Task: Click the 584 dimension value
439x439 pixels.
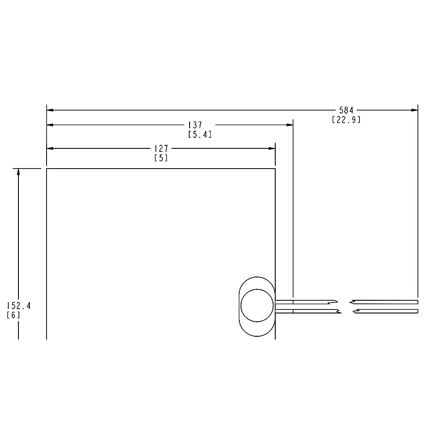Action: (346, 110)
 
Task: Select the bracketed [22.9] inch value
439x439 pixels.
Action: (346, 120)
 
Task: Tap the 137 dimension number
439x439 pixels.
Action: (195, 125)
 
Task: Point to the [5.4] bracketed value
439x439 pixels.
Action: (200, 135)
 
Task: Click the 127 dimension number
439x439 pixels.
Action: (162, 148)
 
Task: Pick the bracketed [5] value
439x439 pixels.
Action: (161, 158)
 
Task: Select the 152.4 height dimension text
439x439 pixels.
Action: (19, 306)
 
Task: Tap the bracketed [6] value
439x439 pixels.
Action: (14, 315)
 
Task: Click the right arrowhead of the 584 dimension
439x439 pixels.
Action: (414, 110)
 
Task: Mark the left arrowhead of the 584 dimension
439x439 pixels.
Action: (50, 110)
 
